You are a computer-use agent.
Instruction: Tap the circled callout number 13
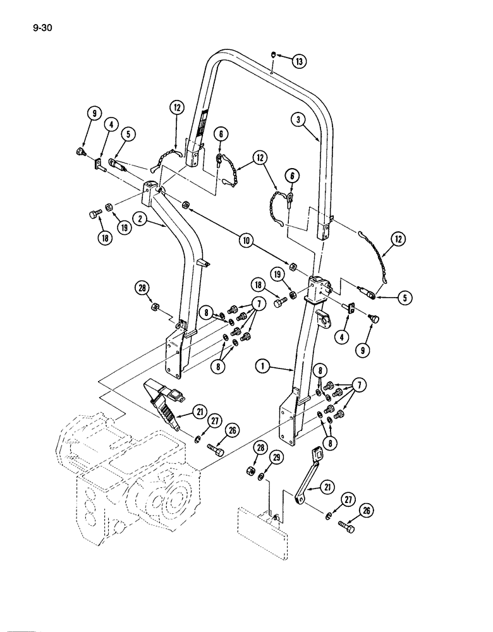pos(298,61)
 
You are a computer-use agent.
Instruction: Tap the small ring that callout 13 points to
pos(273,55)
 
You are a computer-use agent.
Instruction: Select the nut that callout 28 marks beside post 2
pos(155,308)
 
